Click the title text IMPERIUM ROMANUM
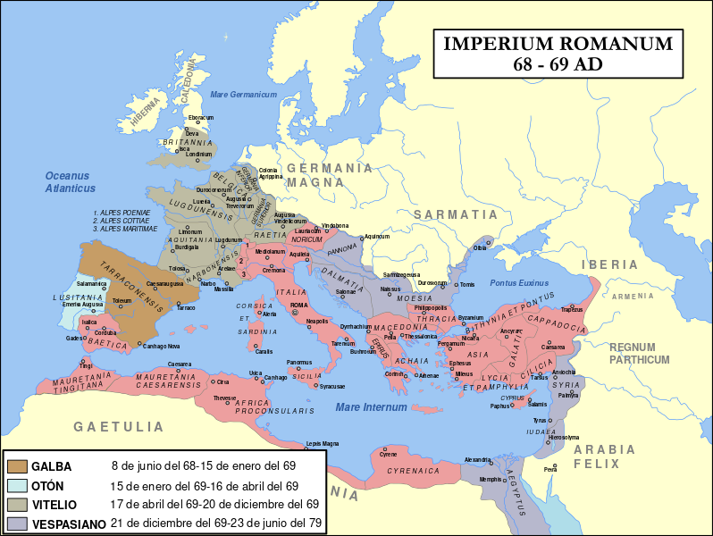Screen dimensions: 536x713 tap(558, 44)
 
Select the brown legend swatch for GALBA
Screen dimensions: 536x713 tap(17, 466)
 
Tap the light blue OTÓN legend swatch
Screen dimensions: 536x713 tap(17, 486)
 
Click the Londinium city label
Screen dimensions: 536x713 tap(198, 155)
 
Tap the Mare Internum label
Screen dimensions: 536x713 tap(371, 407)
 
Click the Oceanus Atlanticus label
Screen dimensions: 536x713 tap(71, 182)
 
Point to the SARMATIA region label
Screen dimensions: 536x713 tap(455, 214)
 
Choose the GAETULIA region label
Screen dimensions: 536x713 tap(118, 426)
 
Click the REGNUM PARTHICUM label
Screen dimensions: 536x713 tap(639, 353)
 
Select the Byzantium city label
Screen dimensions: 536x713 tap(471, 317)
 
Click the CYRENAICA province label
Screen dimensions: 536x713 tap(413, 468)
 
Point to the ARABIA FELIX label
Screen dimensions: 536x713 tap(603, 456)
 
